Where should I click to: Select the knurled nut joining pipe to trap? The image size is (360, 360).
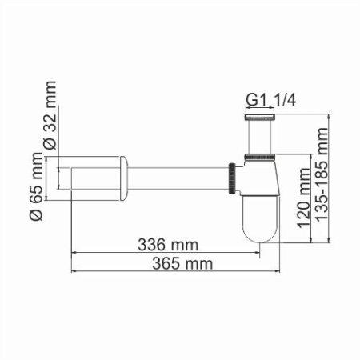(x=231, y=175)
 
